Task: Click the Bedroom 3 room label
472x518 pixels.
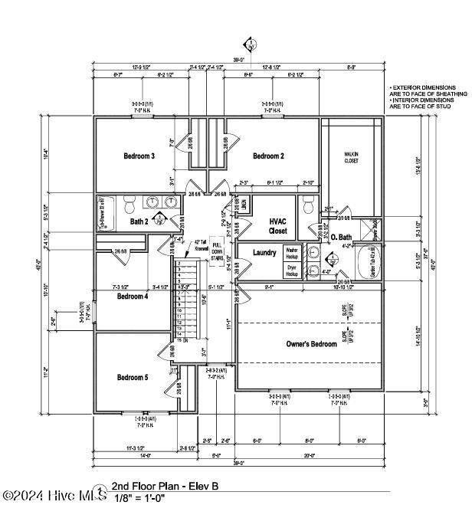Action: pyautogui.click(x=139, y=156)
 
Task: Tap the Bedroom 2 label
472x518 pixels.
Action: pyautogui.click(x=269, y=156)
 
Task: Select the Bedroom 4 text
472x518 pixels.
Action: pyautogui.click(x=133, y=296)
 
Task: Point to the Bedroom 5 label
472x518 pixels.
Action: pyautogui.click(x=133, y=377)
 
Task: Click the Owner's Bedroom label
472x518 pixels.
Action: pyautogui.click(x=312, y=344)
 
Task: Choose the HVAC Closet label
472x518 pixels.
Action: pyautogui.click(x=278, y=225)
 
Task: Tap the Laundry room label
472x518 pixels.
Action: pyautogui.click(x=264, y=252)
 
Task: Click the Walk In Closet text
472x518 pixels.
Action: pyautogui.click(x=352, y=158)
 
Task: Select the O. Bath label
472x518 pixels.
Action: pyautogui.click(x=341, y=238)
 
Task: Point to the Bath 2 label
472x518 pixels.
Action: pyautogui.click(x=139, y=222)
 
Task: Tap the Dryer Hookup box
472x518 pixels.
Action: pyautogui.click(x=291, y=270)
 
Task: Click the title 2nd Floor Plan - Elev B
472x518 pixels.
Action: pyautogui.click(x=166, y=486)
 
